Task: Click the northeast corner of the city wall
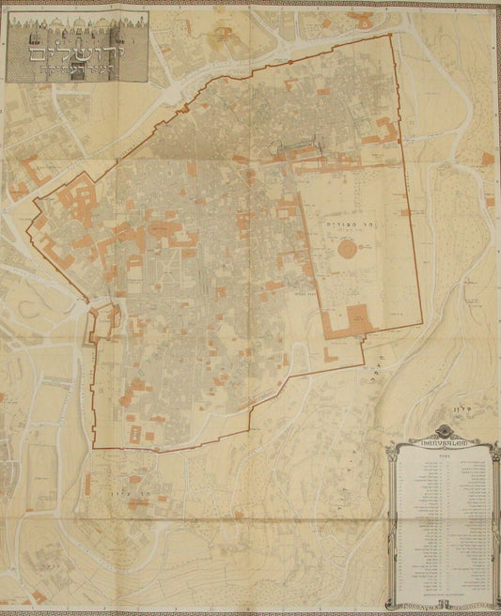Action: tap(391, 36)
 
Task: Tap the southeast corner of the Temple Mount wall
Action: tap(416, 326)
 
